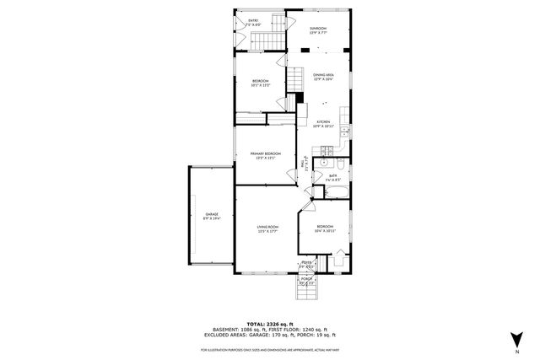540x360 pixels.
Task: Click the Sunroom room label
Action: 317,31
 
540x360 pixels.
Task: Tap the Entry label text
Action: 253,24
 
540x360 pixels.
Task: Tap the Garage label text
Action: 212,217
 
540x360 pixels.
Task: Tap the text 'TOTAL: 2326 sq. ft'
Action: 270,323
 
